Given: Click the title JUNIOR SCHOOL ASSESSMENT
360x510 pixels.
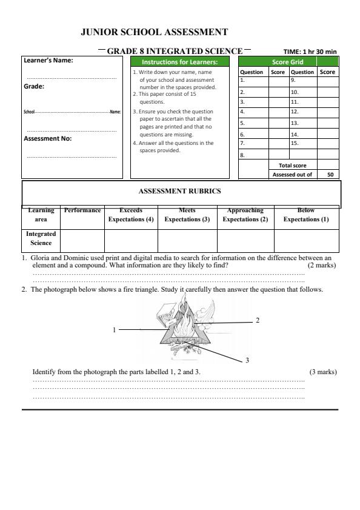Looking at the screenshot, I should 154,32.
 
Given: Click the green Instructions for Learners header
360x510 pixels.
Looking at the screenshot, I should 180,62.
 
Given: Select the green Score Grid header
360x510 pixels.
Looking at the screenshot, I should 288,62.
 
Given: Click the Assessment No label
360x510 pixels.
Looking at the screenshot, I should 48,138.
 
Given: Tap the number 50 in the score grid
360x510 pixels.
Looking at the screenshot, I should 330,174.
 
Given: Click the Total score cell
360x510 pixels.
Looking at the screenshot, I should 293,164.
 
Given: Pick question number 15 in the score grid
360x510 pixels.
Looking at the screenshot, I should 295,143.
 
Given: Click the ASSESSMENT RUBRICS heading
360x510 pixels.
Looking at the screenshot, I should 180,191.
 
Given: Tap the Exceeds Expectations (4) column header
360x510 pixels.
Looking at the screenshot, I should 131,215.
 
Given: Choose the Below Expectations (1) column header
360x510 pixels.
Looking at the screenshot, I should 306,215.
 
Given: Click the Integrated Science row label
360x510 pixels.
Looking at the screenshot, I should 41,238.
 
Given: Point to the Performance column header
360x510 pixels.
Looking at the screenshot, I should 82,210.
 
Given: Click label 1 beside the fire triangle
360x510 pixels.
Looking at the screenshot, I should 114,330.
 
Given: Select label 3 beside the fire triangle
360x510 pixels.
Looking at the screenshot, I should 247,361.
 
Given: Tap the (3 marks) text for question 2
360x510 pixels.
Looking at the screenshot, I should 322,372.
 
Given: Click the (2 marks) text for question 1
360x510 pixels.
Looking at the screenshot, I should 321,265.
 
